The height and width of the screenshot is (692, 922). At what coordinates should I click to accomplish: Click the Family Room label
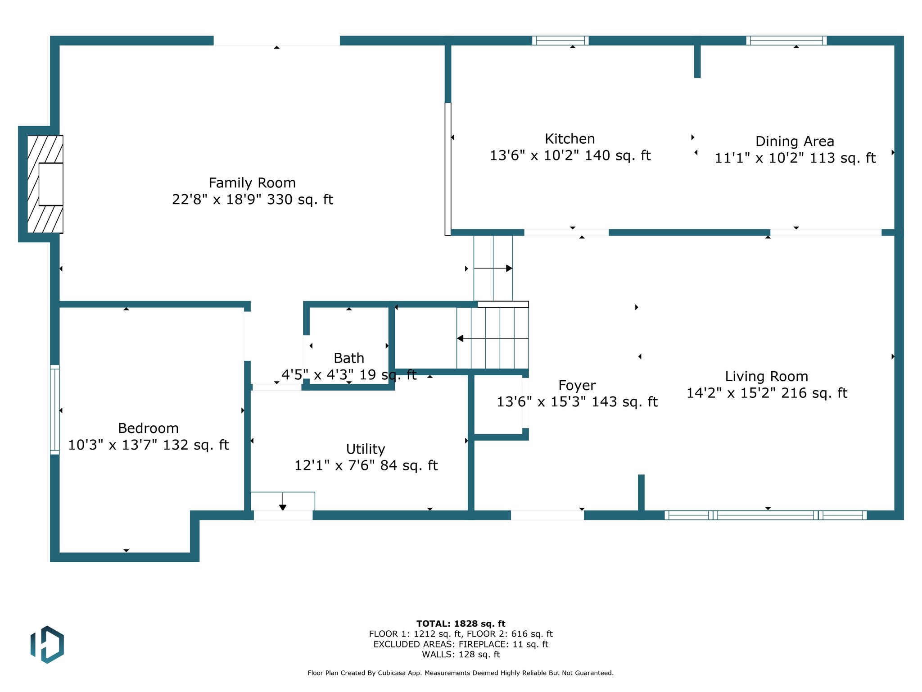point(252,183)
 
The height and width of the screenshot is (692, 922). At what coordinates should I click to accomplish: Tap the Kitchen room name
point(570,139)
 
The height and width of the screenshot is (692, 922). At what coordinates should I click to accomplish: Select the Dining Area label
point(795,141)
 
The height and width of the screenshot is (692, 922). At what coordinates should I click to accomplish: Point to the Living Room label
point(766,377)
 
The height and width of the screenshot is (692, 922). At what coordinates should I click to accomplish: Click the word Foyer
point(577,386)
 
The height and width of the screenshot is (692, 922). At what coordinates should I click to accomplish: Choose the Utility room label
point(366,449)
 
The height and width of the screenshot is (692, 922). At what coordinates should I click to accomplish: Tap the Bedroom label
point(148,428)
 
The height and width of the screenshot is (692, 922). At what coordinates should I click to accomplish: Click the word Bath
point(349,358)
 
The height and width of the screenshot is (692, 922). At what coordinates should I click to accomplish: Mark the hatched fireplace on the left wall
point(45,184)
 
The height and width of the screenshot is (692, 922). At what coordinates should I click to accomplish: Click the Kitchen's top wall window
point(560,41)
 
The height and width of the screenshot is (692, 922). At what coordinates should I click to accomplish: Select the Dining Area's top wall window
point(786,41)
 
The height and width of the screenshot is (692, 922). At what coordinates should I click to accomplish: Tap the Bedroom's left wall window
point(54,410)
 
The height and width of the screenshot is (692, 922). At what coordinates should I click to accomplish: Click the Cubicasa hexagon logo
point(47,644)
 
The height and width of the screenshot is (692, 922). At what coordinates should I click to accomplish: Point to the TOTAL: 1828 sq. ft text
point(461,624)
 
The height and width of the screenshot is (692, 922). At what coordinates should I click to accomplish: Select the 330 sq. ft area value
point(300,200)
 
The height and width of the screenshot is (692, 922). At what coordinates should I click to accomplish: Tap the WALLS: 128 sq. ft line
point(461,655)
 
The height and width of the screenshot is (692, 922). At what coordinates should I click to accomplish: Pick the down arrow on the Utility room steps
point(283,501)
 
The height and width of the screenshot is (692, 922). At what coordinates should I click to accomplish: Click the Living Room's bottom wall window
point(766,515)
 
